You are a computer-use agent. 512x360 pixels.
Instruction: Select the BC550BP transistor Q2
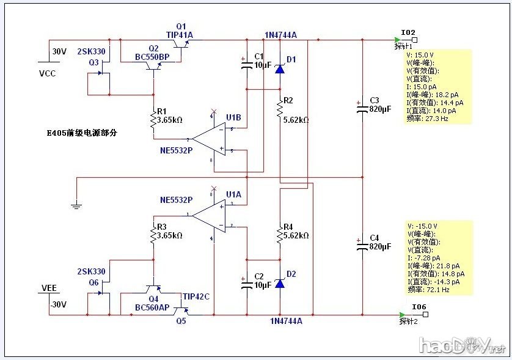tap(153, 68)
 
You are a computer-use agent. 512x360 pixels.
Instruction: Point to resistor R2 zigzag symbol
tap(280, 109)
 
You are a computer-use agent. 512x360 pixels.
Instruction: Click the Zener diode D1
tap(280, 68)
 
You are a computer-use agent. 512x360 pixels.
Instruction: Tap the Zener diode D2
tap(280, 283)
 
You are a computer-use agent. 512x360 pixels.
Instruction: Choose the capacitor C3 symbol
tap(362, 108)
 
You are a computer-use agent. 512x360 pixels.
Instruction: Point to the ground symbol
tap(76, 205)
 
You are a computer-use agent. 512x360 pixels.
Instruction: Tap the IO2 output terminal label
tap(408, 32)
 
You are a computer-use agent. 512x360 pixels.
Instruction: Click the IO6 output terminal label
tap(419, 307)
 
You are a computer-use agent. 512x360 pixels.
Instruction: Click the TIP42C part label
tap(196, 296)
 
